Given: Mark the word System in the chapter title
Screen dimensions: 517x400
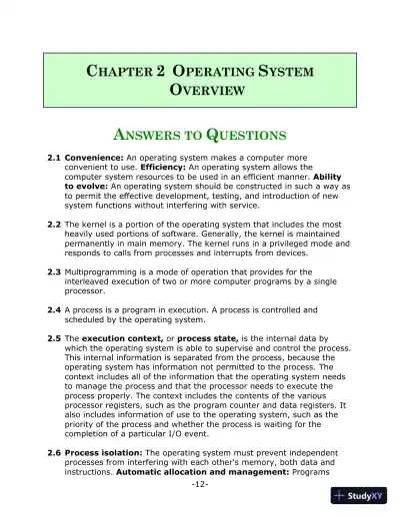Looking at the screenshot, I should coord(286,73).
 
